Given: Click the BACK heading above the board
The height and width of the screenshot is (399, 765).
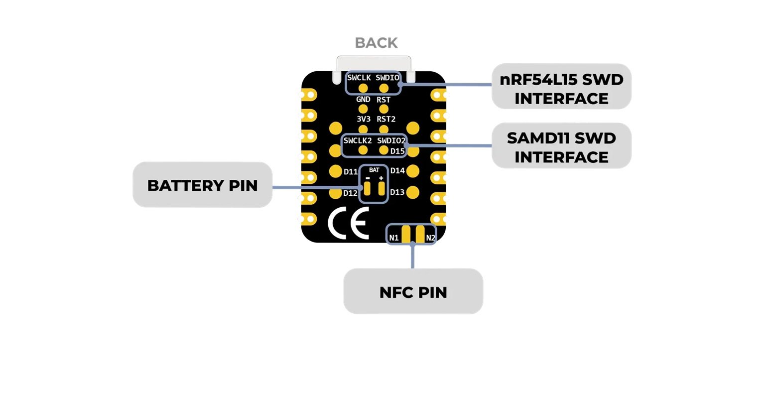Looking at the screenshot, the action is click(376, 43).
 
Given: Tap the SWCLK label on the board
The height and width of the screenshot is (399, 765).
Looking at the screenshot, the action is click(359, 78).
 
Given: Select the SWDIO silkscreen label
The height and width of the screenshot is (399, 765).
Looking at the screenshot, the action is click(387, 78).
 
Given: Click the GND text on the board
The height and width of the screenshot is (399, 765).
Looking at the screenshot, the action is click(363, 100).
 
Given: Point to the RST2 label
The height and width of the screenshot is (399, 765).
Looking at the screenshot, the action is click(386, 119).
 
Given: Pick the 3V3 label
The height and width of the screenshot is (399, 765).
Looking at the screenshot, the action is click(364, 119).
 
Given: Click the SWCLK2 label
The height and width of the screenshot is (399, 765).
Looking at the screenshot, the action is click(358, 140).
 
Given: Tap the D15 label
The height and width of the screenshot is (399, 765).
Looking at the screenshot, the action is click(397, 151).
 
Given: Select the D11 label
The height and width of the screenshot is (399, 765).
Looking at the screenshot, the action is click(351, 171).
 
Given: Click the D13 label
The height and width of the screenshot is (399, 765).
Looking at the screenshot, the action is click(397, 192).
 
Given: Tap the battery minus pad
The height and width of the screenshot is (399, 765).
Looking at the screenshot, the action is click(367, 189).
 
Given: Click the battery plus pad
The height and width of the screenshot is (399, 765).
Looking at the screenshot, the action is click(382, 189).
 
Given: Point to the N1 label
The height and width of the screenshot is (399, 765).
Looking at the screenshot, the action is click(394, 238).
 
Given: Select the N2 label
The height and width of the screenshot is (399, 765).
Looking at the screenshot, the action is click(431, 238).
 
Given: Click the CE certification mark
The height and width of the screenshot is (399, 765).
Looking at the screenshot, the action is click(349, 223).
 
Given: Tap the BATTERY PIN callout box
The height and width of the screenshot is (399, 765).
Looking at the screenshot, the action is click(203, 185).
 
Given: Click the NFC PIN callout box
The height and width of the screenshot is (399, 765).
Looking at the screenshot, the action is click(413, 291).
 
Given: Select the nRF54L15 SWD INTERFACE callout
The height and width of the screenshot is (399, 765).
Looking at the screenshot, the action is click(561, 87).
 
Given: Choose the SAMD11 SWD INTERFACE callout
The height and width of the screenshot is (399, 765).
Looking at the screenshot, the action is click(561, 145).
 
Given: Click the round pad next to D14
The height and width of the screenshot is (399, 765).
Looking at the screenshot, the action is click(413, 171).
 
